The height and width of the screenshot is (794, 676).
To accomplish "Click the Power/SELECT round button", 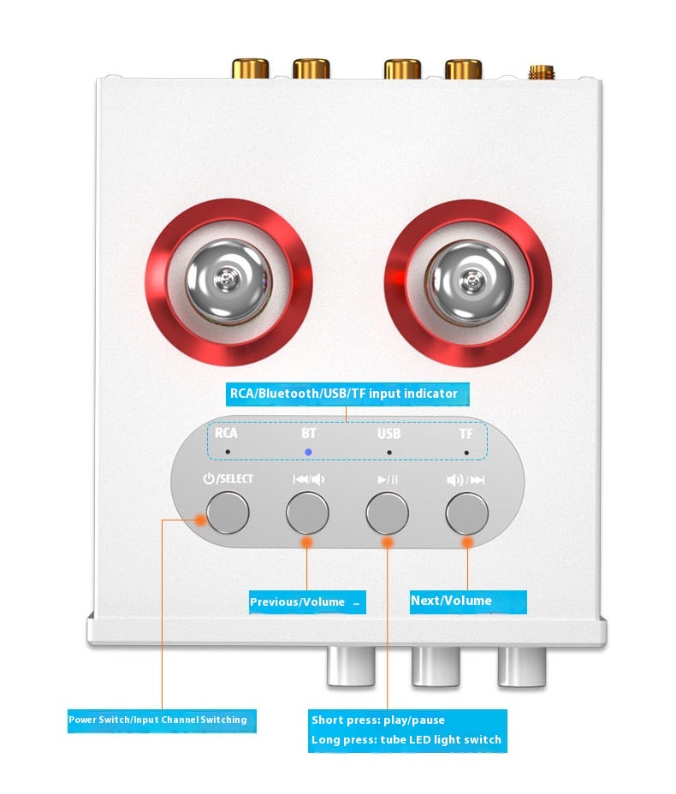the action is (228, 513).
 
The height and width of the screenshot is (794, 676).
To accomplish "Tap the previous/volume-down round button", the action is (307, 513).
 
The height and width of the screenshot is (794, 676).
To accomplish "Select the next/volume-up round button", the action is (467, 513).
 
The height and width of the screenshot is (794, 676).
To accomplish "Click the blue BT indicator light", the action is (308, 452).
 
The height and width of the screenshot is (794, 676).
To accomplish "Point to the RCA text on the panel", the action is (226, 433).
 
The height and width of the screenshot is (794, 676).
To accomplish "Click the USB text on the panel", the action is (388, 434).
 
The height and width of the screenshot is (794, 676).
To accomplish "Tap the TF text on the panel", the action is (465, 434).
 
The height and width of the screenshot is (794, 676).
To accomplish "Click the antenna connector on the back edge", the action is (542, 72).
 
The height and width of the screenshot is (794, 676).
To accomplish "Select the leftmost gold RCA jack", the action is (251, 68).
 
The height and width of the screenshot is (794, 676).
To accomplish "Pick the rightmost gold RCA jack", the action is (463, 68).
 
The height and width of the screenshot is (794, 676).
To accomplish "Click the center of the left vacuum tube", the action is (228, 281).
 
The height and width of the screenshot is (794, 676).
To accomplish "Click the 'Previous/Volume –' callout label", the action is (307, 602).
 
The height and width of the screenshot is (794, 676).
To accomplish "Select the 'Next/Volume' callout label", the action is (468, 601).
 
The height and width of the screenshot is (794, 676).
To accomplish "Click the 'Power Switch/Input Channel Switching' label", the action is (162, 720).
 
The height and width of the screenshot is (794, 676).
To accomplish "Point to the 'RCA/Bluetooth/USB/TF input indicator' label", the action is (347, 394).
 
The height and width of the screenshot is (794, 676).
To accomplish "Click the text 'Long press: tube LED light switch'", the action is (406, 740).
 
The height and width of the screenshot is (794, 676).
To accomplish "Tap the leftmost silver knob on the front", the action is (351, 666).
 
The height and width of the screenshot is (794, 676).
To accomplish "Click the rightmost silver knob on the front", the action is (522, 666).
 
